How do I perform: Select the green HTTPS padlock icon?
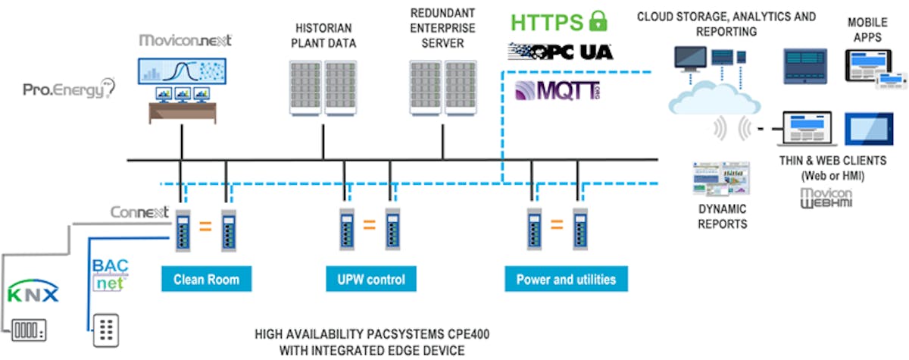(x=598, y=22)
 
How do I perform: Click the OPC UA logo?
(x=561, y=52)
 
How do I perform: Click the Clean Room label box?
(x=206, y=279)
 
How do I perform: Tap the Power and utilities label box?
(x=566, y=279)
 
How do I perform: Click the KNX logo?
(x=33, y=293)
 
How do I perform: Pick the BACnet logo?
(x=110, y=275)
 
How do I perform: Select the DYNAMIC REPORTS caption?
(x=721, y=216)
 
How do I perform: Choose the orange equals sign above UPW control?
(x=369, y=224)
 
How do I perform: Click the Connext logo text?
(x=139, y=212)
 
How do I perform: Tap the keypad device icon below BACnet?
(x=107, y=330)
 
